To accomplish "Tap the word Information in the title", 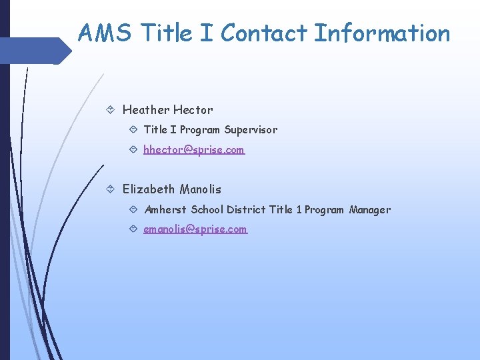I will point(382,33).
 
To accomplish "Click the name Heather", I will point(146,110).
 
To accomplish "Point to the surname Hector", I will point(193,110).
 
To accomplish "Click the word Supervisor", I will point(251,130).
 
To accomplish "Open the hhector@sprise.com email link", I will point(194,150).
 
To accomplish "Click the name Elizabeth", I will point(149,189).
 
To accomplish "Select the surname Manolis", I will point(201,189).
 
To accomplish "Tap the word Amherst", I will point(166,210).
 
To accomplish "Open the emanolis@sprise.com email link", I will point(195,229).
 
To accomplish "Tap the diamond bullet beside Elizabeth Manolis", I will point(110,189).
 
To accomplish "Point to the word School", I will point(207,210).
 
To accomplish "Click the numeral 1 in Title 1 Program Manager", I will point(299,210).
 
